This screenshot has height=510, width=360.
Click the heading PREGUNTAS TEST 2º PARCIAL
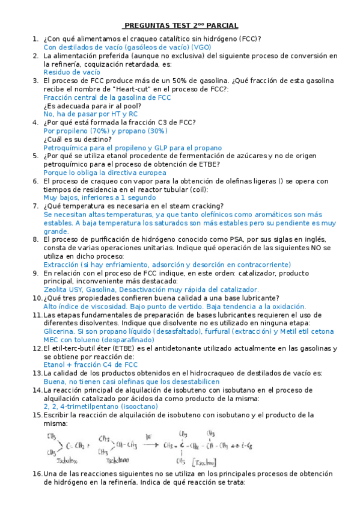[180, 25]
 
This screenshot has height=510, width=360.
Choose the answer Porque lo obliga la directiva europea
[105, 172]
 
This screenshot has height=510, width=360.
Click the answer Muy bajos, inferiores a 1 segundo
[100, 197]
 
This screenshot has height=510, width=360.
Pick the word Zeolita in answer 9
[58, 289]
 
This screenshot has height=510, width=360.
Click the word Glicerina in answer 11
[59, 331]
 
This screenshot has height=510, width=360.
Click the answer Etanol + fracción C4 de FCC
[91, 364]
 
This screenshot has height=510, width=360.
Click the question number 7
[35, 206]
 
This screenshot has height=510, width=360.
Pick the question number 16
[37, 474]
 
